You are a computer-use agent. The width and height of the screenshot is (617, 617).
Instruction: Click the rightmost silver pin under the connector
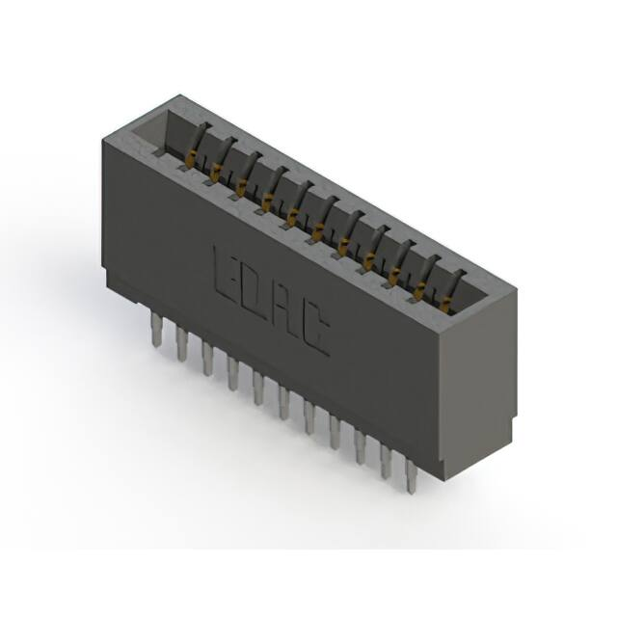(412, 474)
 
